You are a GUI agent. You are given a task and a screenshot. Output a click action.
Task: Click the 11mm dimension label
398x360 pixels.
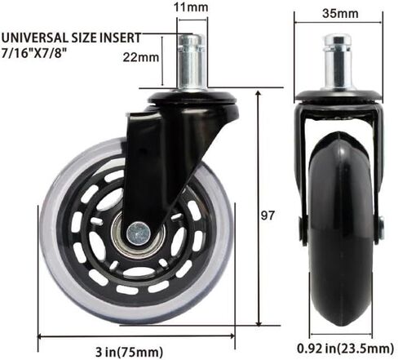(191, 7)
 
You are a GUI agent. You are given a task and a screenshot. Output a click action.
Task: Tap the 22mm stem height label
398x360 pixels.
(141, 57)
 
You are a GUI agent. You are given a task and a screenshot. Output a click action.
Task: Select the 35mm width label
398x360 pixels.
(340, 13)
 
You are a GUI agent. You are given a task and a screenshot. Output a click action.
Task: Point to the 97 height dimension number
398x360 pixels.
(268, 216)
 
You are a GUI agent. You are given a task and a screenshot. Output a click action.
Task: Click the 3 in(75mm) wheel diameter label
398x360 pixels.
(130, 352)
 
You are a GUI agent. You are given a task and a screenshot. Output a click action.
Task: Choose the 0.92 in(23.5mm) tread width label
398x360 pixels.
(345, 348)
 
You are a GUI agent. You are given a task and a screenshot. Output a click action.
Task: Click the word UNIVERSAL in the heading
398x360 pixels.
(35, 38)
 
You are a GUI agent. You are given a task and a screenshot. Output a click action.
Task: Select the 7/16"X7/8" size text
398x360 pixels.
(34, 52)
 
